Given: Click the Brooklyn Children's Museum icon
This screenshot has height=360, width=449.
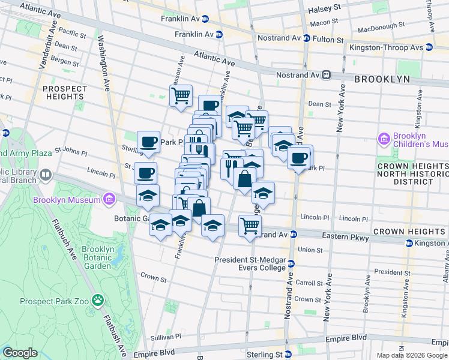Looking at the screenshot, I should [385, 139].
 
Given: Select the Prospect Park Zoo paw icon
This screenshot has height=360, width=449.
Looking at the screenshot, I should [98, 299].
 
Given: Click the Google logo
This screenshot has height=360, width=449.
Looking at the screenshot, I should [20, 353].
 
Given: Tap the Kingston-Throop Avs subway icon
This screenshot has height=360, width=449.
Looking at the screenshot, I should [429, 47].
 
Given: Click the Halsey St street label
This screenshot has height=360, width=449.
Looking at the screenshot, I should [324, 10].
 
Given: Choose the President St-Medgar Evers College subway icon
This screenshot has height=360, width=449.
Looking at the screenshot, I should [291, 263].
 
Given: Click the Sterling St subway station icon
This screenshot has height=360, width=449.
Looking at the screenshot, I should [288, 354].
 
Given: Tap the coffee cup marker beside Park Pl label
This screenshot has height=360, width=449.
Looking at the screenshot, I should [148, 142].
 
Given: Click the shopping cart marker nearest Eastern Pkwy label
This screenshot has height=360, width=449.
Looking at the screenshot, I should [250, 226].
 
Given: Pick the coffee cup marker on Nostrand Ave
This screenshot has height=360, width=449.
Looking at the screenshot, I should [298, 158].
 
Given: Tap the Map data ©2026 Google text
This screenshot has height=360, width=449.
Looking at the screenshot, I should [412, 355].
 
